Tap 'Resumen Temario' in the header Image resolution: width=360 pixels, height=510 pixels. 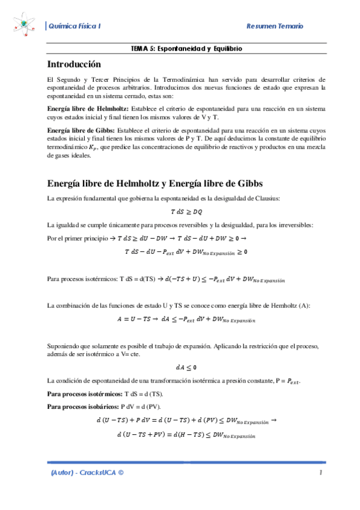pos(275,26)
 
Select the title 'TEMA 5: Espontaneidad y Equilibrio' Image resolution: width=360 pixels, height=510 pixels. pos(186,48)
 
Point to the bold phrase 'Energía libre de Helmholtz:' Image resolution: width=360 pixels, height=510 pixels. pos(84,108)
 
